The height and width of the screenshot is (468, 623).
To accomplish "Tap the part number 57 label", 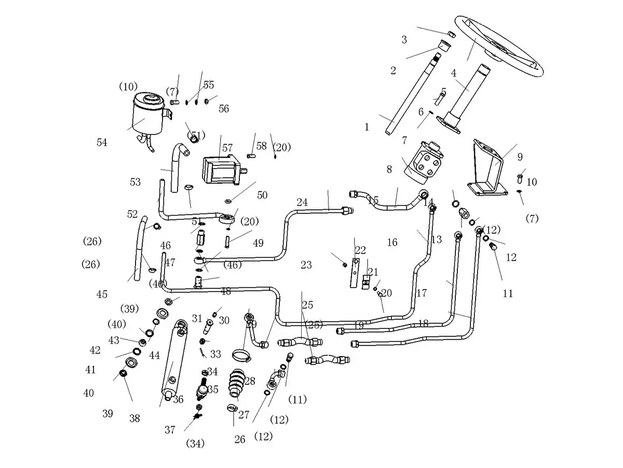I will (227, 148).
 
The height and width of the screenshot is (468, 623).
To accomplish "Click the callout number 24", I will (302, 202).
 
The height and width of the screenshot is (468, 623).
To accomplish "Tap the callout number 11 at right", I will (508, 294).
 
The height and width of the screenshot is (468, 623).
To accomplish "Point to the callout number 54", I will (102, 143).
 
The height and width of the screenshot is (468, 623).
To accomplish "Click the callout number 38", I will (134, 419).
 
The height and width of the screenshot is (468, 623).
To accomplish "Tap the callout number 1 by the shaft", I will (367, 127).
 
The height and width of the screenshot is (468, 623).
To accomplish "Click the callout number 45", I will (102, 295).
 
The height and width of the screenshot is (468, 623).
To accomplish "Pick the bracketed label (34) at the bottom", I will (195, 444).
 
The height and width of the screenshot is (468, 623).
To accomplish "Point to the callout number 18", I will (423, 323).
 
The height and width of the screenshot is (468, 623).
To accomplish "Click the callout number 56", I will (224, 108).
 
